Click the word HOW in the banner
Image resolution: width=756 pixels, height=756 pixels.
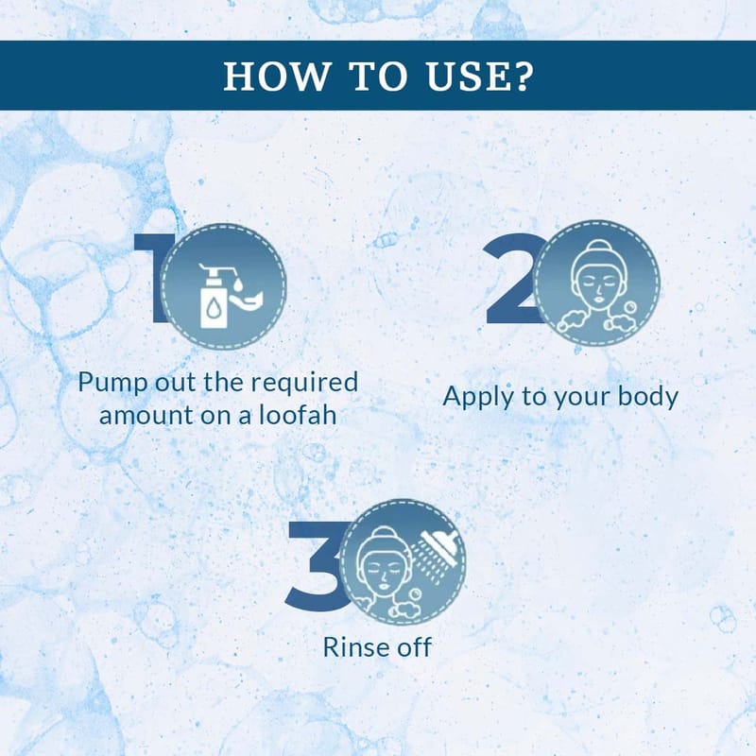[x=276, y=77]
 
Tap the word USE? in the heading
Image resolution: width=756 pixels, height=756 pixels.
[x=479, y=77]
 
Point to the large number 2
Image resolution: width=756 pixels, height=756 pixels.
[x=512, y=278]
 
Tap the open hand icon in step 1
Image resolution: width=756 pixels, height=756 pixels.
[x=247, y=300]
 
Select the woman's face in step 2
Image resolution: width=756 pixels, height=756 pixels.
[x=597, y=282]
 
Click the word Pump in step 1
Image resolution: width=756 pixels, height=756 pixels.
[x=112, y=384]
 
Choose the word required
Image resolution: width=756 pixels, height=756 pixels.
[x=304, y=384]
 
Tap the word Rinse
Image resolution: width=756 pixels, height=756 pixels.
[x=357, y=647]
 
